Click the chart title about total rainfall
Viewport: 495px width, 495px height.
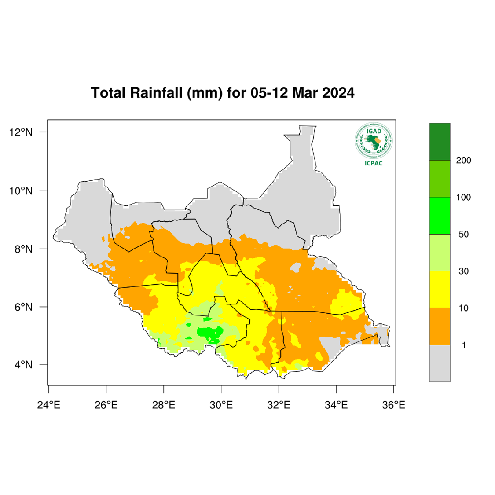click(222, 93)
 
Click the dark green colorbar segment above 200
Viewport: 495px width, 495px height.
click(440, 142)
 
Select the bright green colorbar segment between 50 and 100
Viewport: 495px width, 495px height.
click(440, 216)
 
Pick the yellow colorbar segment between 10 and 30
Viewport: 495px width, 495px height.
click(440, 290)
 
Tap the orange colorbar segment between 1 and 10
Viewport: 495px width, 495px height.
click(440, 326)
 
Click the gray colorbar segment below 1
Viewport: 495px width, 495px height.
click(440, 363)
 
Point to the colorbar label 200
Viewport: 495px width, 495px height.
click(464, 161)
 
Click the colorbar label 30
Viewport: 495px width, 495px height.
click(463, 271)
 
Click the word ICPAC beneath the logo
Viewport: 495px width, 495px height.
click(374, 164)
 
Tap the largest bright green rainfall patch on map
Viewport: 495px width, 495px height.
click(210, 334)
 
